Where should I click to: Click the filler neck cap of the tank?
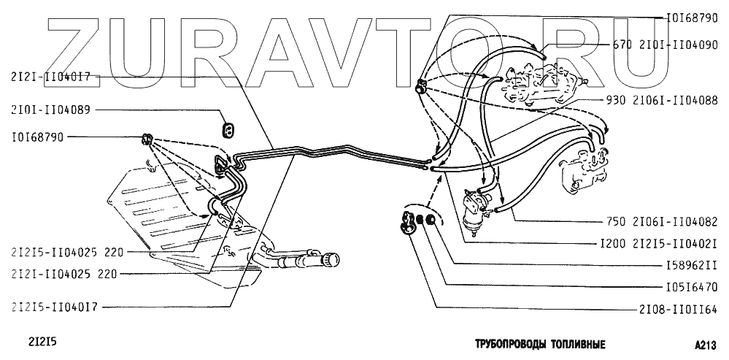click(334, 259)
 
